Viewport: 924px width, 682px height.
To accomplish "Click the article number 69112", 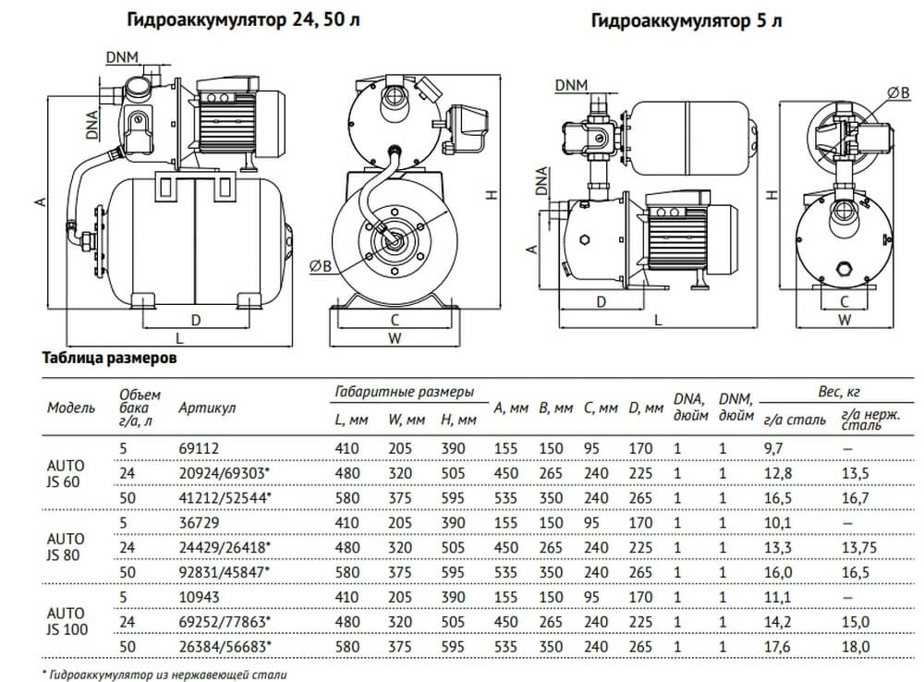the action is [x=199, y=448].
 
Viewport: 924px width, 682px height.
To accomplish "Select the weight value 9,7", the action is [x=773, y=448].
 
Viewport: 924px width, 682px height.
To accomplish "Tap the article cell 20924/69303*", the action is [x=225, y=473].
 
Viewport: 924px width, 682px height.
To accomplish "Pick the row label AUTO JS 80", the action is [x=66, y=547].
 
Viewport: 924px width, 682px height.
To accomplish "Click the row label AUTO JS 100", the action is [x=67, y=621].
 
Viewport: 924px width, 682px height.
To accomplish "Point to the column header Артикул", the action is [x=207, y=408].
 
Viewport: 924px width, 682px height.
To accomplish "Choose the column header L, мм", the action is [x=351, y=420].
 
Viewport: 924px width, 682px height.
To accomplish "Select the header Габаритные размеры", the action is [x=405, y=392].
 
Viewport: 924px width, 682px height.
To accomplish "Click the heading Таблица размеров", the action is [x=110, y=358].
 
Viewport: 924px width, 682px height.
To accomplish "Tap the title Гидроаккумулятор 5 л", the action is [x=687, y=21].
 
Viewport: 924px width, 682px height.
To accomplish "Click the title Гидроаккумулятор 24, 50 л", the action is [x=243, y=20].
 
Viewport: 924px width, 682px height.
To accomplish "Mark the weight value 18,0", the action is [x=856, y=647].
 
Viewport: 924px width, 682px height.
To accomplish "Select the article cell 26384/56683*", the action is [x=225, y=647].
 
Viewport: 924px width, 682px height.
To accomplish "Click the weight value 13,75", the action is [x=859, y=548].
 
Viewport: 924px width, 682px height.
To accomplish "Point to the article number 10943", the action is [x=199, y=597].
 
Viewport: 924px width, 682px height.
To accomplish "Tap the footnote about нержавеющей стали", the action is [x=165, y=675].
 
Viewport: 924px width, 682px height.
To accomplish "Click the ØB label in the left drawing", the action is [x=321, y=266].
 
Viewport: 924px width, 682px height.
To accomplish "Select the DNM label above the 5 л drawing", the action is [x=571, y=85].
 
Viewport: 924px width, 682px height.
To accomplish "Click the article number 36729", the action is [x=199, y=523].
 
